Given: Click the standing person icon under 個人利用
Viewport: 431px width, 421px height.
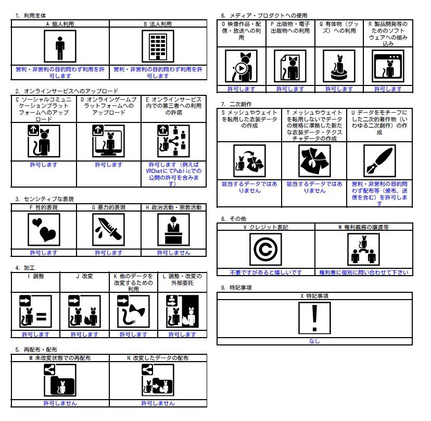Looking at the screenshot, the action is pyautogui.click(x=60, y=46).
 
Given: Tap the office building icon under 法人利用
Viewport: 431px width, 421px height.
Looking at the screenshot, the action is pyautogui.click(x=158, y=46).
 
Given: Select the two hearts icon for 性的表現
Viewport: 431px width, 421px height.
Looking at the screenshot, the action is pyautogui.click(x=44, y=230).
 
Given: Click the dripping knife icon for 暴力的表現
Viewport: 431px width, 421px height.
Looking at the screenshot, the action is pyautogui.click(x=109, y=230).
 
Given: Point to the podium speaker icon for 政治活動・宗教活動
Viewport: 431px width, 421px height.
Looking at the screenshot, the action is pyautogui.click(x=173, y=230).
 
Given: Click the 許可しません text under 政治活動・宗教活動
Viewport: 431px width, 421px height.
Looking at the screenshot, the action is pyautogui.click(x=174, y=253).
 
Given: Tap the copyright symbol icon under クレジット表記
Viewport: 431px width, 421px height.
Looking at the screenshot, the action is pyautogui.click(x=265, y=249).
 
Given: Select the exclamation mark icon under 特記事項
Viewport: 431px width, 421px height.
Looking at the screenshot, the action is pyautogui.click(x=314, y=318).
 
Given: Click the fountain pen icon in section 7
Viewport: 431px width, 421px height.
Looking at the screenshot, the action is pyautogui.click(x=379, y=161).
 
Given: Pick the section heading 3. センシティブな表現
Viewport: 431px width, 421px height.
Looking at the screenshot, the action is pyautogui.click(x=45, y=199).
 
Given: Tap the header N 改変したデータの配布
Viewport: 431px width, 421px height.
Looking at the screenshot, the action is pyautogui.click(x=158, y=358).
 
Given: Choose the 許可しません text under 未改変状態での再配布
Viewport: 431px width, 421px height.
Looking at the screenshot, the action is pyautogui.click(x=60, y=403).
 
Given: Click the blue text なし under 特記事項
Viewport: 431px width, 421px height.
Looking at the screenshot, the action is pyautogui.click(x=314, y=341).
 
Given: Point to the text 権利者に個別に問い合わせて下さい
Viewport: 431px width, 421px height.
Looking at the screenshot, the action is pyautogui.click(x=364, y=273).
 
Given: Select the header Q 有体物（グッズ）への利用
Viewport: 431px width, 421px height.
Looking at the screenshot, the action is pyautogui.click(x=339, y=28).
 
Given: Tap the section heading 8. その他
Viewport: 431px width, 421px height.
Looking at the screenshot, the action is pyautogui.click(x=234, y=219).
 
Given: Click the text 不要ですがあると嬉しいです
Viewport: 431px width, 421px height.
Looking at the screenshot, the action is pyautogui.click(x=266, y=273).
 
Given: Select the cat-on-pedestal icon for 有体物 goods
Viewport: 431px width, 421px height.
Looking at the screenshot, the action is pyautogui.click(x=339, y=66).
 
